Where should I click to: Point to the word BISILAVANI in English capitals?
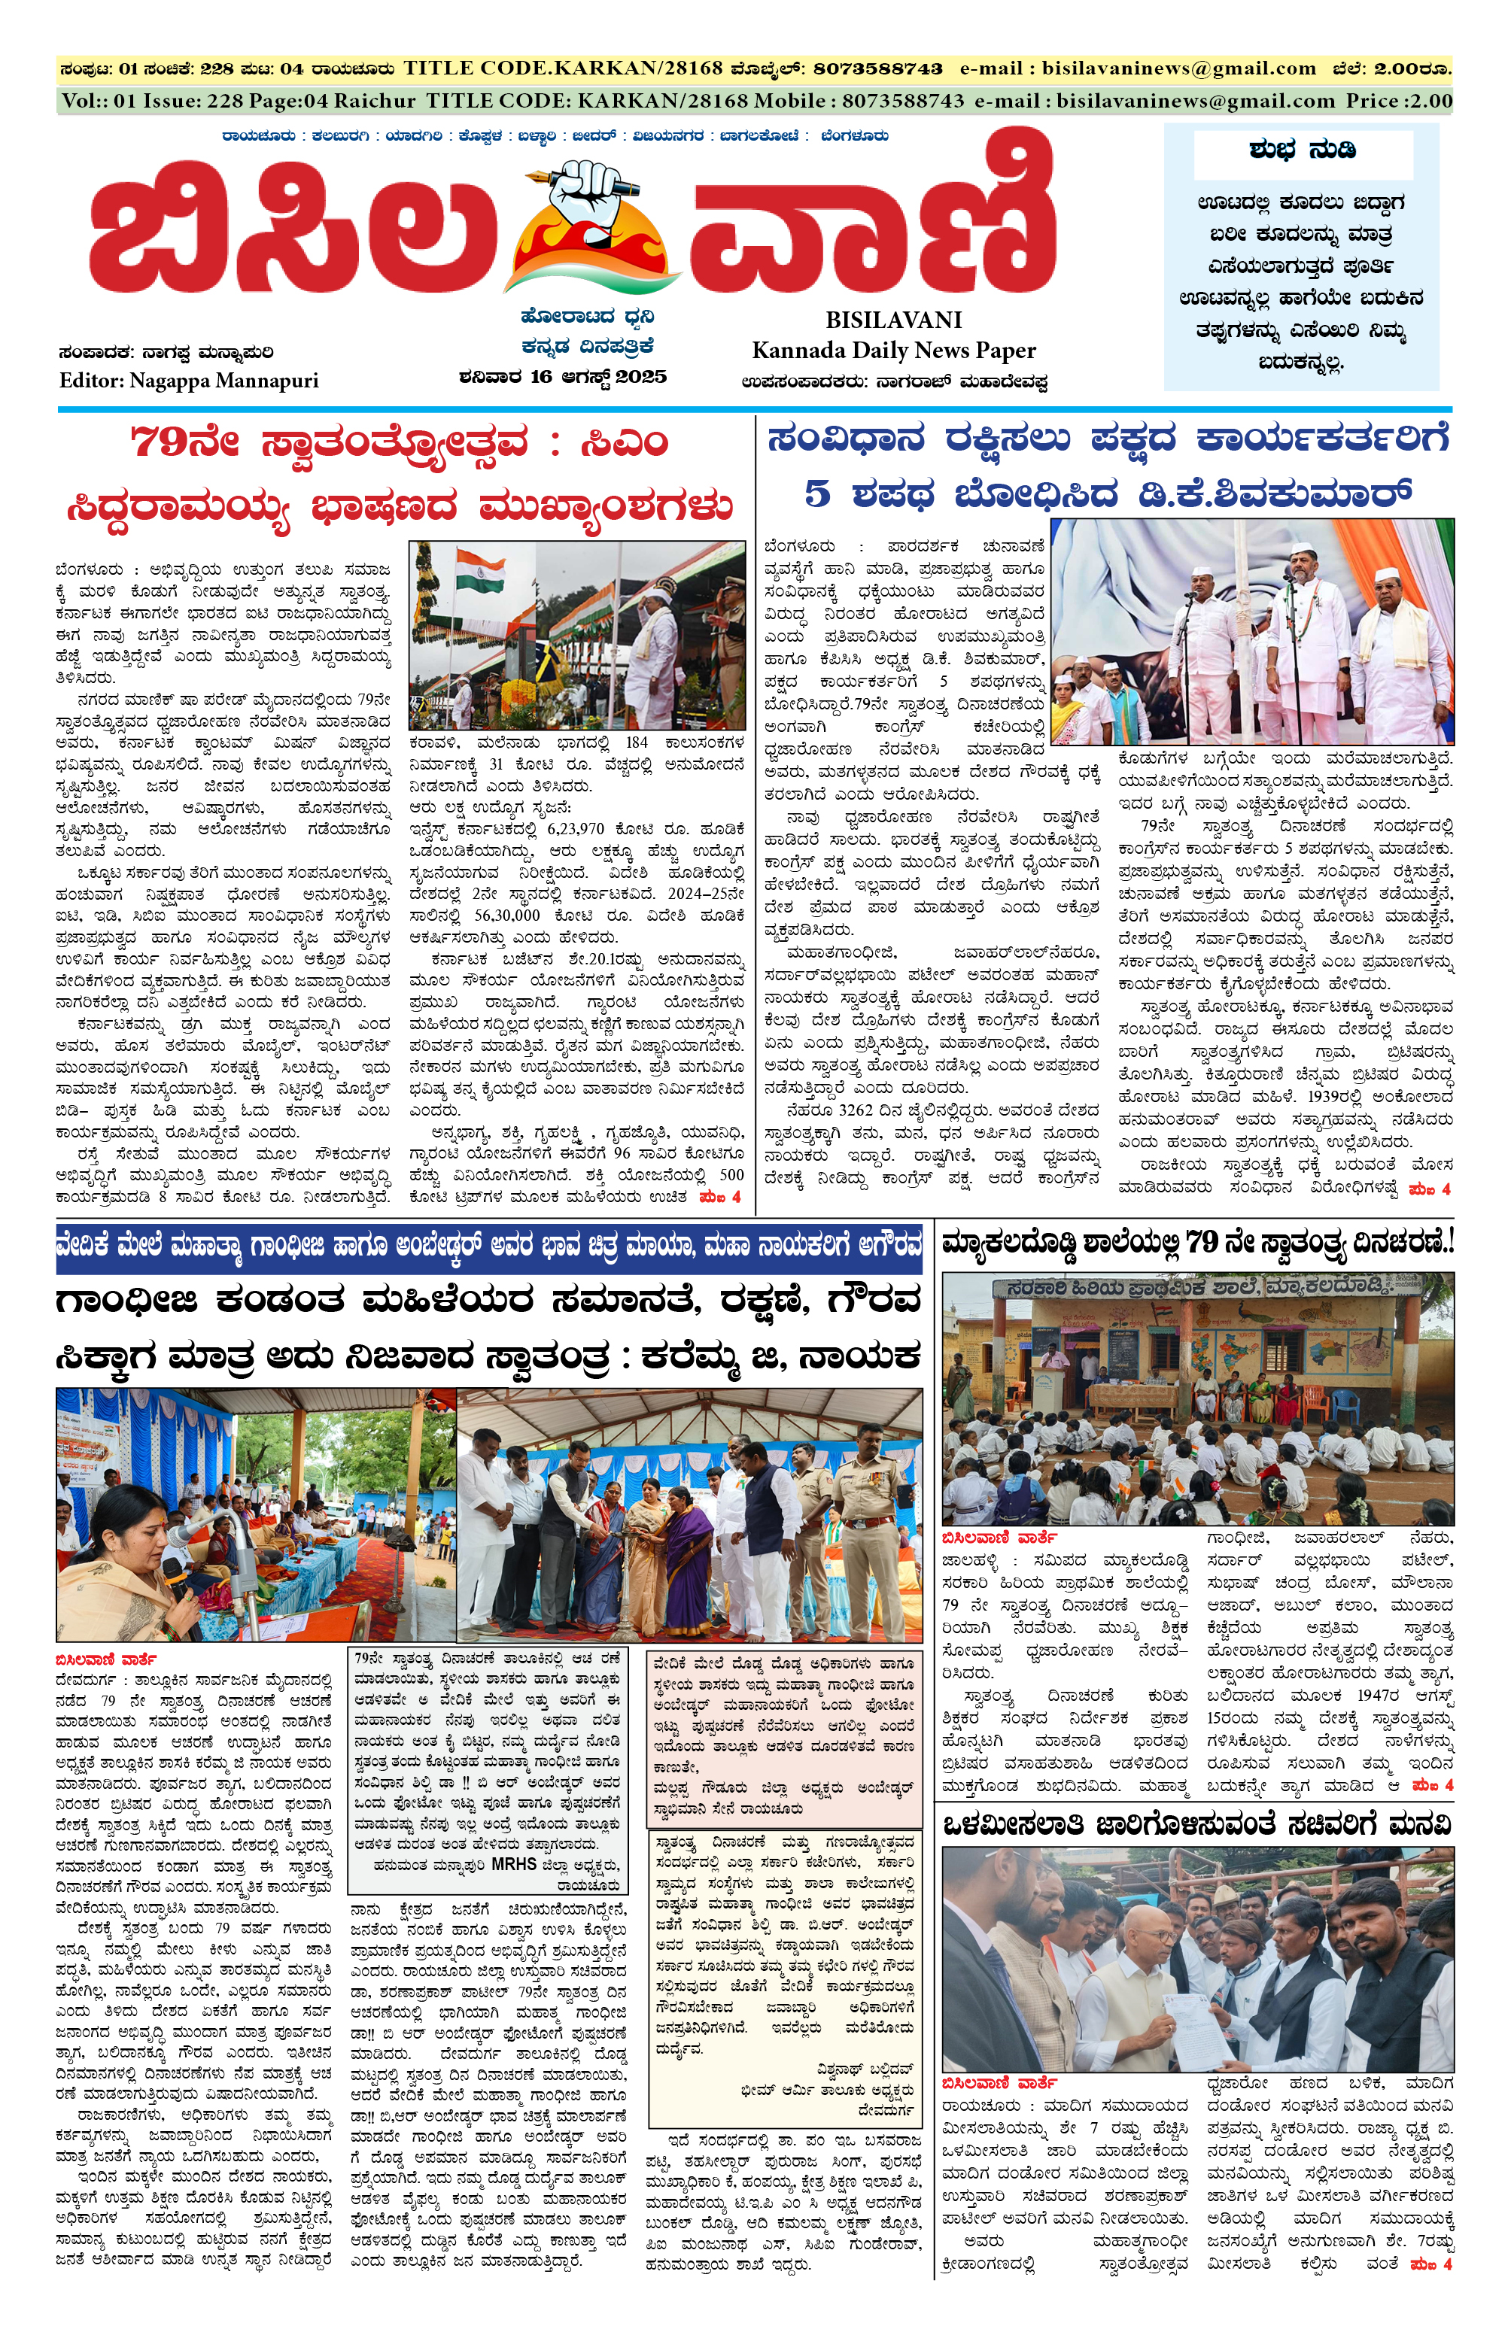(894, 320)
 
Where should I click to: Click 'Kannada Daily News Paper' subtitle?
(894, 351)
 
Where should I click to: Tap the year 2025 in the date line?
(641, 377)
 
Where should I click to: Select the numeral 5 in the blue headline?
(817, 493)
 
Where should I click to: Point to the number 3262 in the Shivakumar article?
(862, 1110)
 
